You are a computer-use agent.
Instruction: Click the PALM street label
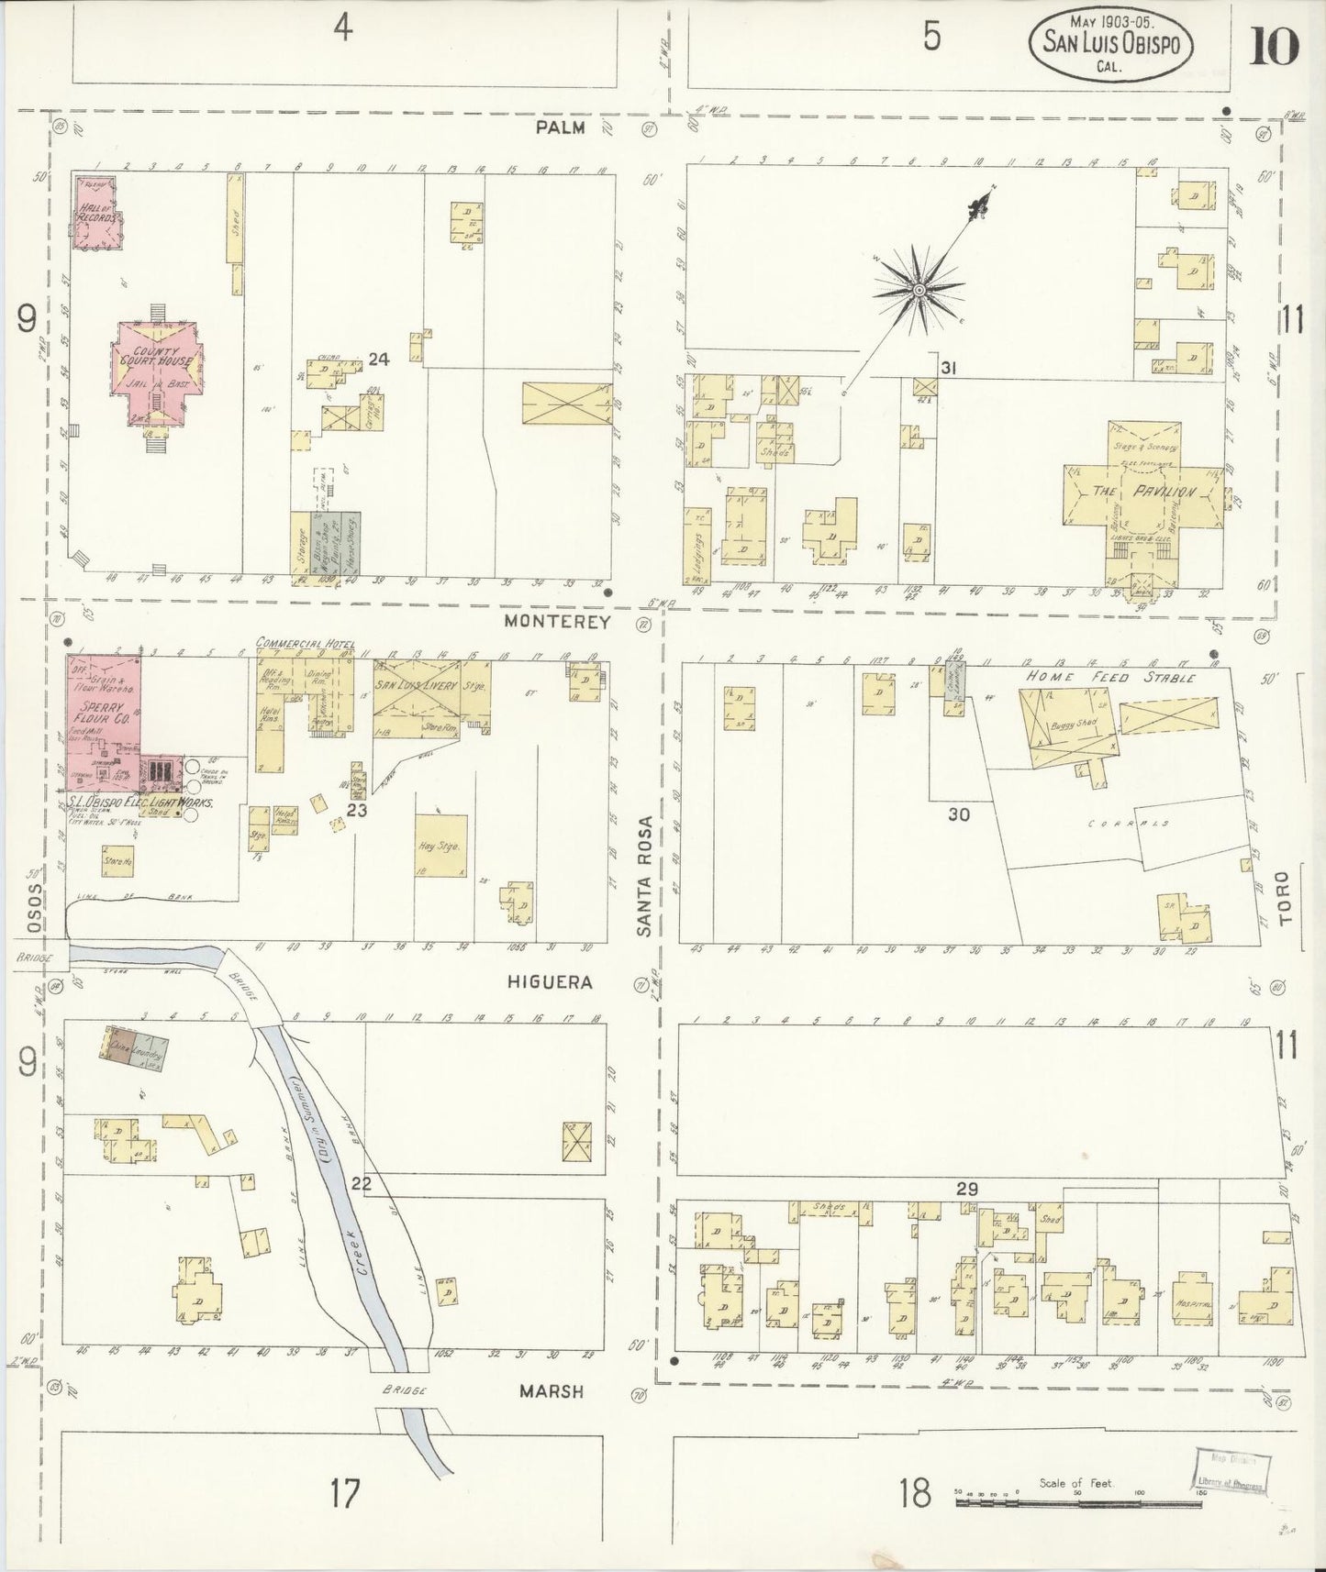[562, 127]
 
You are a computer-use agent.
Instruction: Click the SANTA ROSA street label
[647, 876]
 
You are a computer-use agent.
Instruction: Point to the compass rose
[918, 291]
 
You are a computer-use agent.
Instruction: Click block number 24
[378, 360]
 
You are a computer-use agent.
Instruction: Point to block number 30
[958, 814]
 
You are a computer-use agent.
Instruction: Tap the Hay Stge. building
[441, 846]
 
